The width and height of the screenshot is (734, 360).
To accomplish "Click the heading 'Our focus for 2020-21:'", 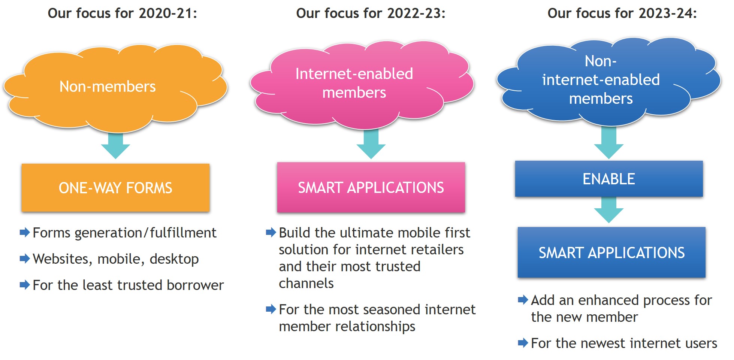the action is (122, 13).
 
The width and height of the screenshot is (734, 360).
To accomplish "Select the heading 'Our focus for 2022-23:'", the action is (371, 13).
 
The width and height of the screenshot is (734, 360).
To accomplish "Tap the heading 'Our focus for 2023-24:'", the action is (622, 13).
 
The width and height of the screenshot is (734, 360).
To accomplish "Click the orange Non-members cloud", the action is (115, 88).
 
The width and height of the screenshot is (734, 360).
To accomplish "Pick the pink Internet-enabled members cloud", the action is (362, 85).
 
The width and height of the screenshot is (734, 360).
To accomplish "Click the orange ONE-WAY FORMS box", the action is (115, 188).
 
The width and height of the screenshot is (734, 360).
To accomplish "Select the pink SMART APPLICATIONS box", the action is (371, 187).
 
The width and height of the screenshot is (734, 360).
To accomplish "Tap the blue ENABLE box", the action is (609, 179).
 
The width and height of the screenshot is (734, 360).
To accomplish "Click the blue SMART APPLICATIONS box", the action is (611, 252).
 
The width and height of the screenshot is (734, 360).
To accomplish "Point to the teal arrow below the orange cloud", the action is (115, 146).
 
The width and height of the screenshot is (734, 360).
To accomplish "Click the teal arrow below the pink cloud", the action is (371, 144).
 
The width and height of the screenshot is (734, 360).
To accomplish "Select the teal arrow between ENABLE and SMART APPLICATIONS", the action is (609, 210).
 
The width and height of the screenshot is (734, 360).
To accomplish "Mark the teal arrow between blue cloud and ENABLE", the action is (609, 143).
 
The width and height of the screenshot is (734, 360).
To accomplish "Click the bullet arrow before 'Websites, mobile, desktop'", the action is (25, 258).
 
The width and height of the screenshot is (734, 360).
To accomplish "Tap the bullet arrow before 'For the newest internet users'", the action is (523, 343).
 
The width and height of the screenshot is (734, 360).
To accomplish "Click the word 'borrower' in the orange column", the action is (195, 285).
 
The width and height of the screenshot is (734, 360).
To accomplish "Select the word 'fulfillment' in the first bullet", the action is (183, 233).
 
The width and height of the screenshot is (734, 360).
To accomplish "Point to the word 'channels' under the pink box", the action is (306, 283).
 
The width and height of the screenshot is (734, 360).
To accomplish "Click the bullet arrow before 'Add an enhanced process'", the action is (523, 300).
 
